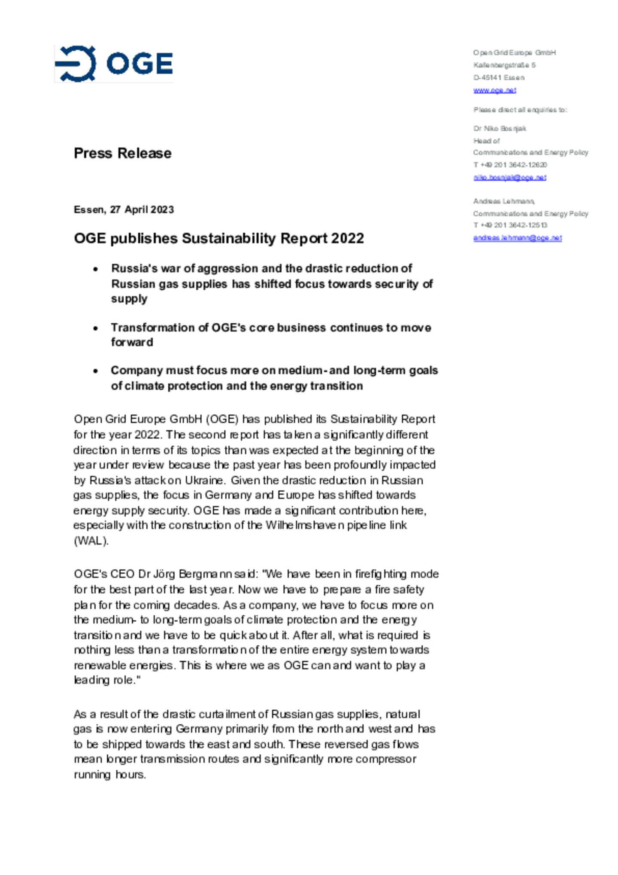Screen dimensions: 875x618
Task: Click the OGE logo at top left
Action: point(114,64)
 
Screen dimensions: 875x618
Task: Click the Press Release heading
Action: point(122,153)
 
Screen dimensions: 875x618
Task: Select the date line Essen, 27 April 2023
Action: point(124,210)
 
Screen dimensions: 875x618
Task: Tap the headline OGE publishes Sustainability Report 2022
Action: point(218,238)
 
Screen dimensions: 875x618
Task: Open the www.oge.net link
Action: point(494,90)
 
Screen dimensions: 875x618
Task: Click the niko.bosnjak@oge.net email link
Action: point(509,177)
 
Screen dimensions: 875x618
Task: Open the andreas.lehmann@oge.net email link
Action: point(517,238)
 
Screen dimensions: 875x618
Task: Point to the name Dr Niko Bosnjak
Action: point(500,128)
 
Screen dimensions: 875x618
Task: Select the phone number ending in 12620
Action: point(510,165)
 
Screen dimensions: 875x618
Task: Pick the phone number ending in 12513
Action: point(510,225)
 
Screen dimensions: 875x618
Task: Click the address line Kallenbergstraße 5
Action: point(504,65)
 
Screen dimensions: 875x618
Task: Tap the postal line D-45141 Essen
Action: point(499,78)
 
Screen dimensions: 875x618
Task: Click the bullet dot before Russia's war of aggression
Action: point(95,269)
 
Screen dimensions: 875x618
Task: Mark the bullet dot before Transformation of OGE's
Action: point(95,328)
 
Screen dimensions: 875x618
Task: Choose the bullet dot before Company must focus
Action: point(95,371)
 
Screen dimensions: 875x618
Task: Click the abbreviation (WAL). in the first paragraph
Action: point(91,541)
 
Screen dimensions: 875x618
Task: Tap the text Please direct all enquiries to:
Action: point(520,110)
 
